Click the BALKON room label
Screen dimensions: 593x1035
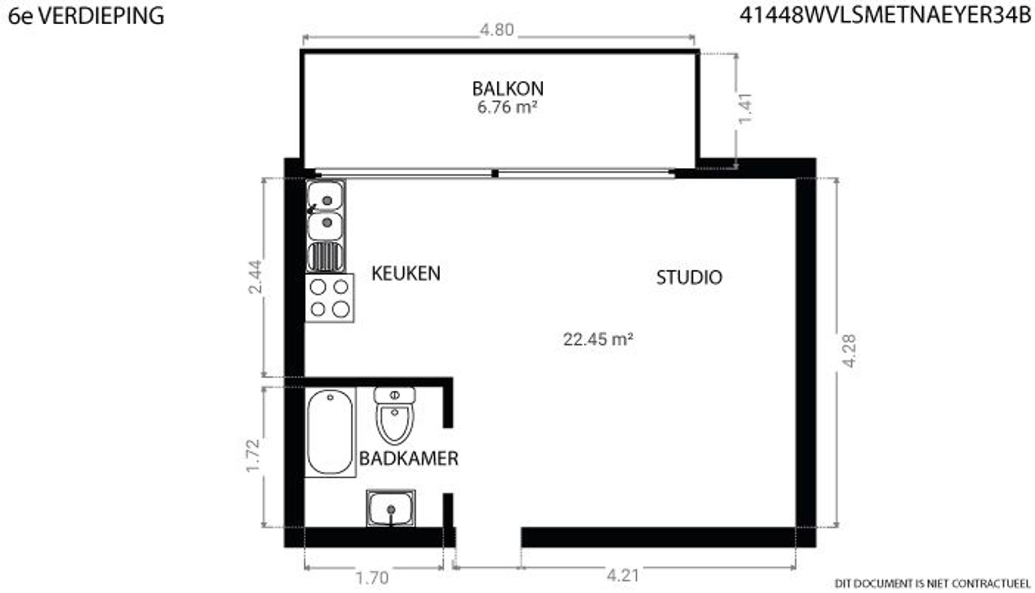(x=507, y=88)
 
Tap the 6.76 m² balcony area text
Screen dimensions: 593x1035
(x=507, y=107)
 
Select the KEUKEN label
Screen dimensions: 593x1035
(x=406, y=273)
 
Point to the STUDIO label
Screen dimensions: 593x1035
(x=689, y=278)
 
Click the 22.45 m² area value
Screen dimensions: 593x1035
(x=598, y=339)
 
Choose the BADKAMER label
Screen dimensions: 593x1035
(x=408, y=459)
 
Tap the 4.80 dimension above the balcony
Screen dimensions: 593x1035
(x=497, y=30)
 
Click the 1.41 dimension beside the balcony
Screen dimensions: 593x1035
(x=745, y=108)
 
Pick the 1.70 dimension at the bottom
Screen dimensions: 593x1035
(x=372, y=577)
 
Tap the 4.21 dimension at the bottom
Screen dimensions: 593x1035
(x=623, y=575)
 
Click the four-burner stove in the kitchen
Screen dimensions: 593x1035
(x=330, y=298)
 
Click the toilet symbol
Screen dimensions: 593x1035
(x=395, y=416)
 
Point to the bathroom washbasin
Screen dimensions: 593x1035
(x=391, y=508)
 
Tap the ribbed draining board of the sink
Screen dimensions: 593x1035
(x=326, y=257)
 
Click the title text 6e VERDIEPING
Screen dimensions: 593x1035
(x=86, y=16)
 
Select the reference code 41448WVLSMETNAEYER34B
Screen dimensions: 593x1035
(x=885, y=16)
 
